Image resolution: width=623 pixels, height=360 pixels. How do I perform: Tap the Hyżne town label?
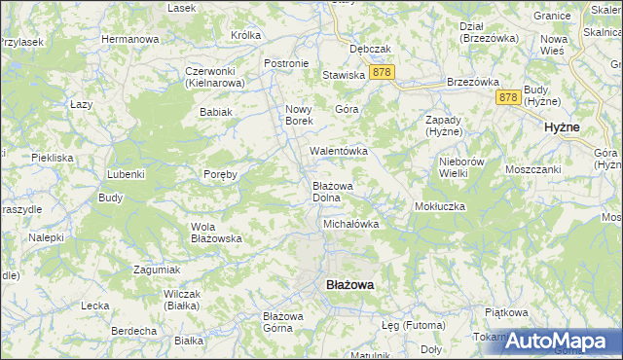562,127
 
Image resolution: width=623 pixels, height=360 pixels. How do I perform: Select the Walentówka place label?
338,151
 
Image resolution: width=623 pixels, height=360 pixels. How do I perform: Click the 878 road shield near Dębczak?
382,73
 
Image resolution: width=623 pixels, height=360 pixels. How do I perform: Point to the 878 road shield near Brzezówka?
507,97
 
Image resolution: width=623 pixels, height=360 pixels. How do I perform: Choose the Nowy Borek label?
297,114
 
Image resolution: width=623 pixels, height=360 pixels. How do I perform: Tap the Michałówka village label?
350,224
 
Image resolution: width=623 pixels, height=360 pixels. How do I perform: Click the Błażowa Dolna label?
332,191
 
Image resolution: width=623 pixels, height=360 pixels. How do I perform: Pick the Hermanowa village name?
130,39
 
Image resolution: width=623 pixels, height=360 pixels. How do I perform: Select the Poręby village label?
220,174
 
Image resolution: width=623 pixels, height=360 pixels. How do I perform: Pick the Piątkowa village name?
506,312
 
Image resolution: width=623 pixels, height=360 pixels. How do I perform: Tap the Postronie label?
286,63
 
